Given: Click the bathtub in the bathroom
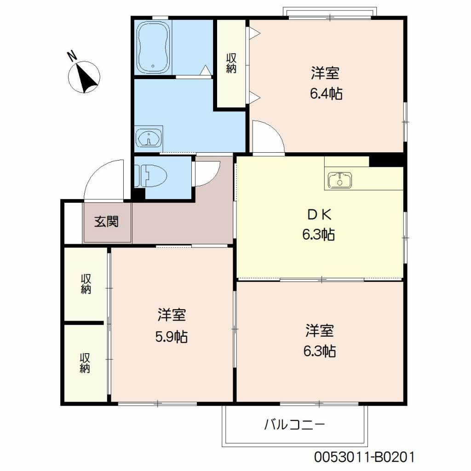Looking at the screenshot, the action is click(154, 47).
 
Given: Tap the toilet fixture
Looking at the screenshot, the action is click(151, 176).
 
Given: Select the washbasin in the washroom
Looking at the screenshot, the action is click(149, 138).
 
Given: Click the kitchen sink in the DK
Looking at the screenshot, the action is click(340, 180).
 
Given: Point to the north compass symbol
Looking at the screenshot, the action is click(85, 77).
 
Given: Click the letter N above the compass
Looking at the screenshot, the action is click(72, 56).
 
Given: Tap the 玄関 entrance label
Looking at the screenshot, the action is click(106, 222).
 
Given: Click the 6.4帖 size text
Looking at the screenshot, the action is click(326, 94).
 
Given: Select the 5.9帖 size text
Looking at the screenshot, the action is click(172, 337).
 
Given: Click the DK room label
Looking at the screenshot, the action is click(319, 214).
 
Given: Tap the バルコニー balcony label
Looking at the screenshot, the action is click(294, 425).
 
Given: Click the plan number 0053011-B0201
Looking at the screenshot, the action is click(364, 457).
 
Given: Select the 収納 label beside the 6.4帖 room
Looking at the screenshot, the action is click(231, 63).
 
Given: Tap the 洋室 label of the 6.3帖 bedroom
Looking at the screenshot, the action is click(320, 330).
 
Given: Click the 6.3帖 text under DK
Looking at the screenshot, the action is click(318, 234).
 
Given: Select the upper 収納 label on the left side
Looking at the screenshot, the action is click(86, 284).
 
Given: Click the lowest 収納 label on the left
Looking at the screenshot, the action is click(85, 363).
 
